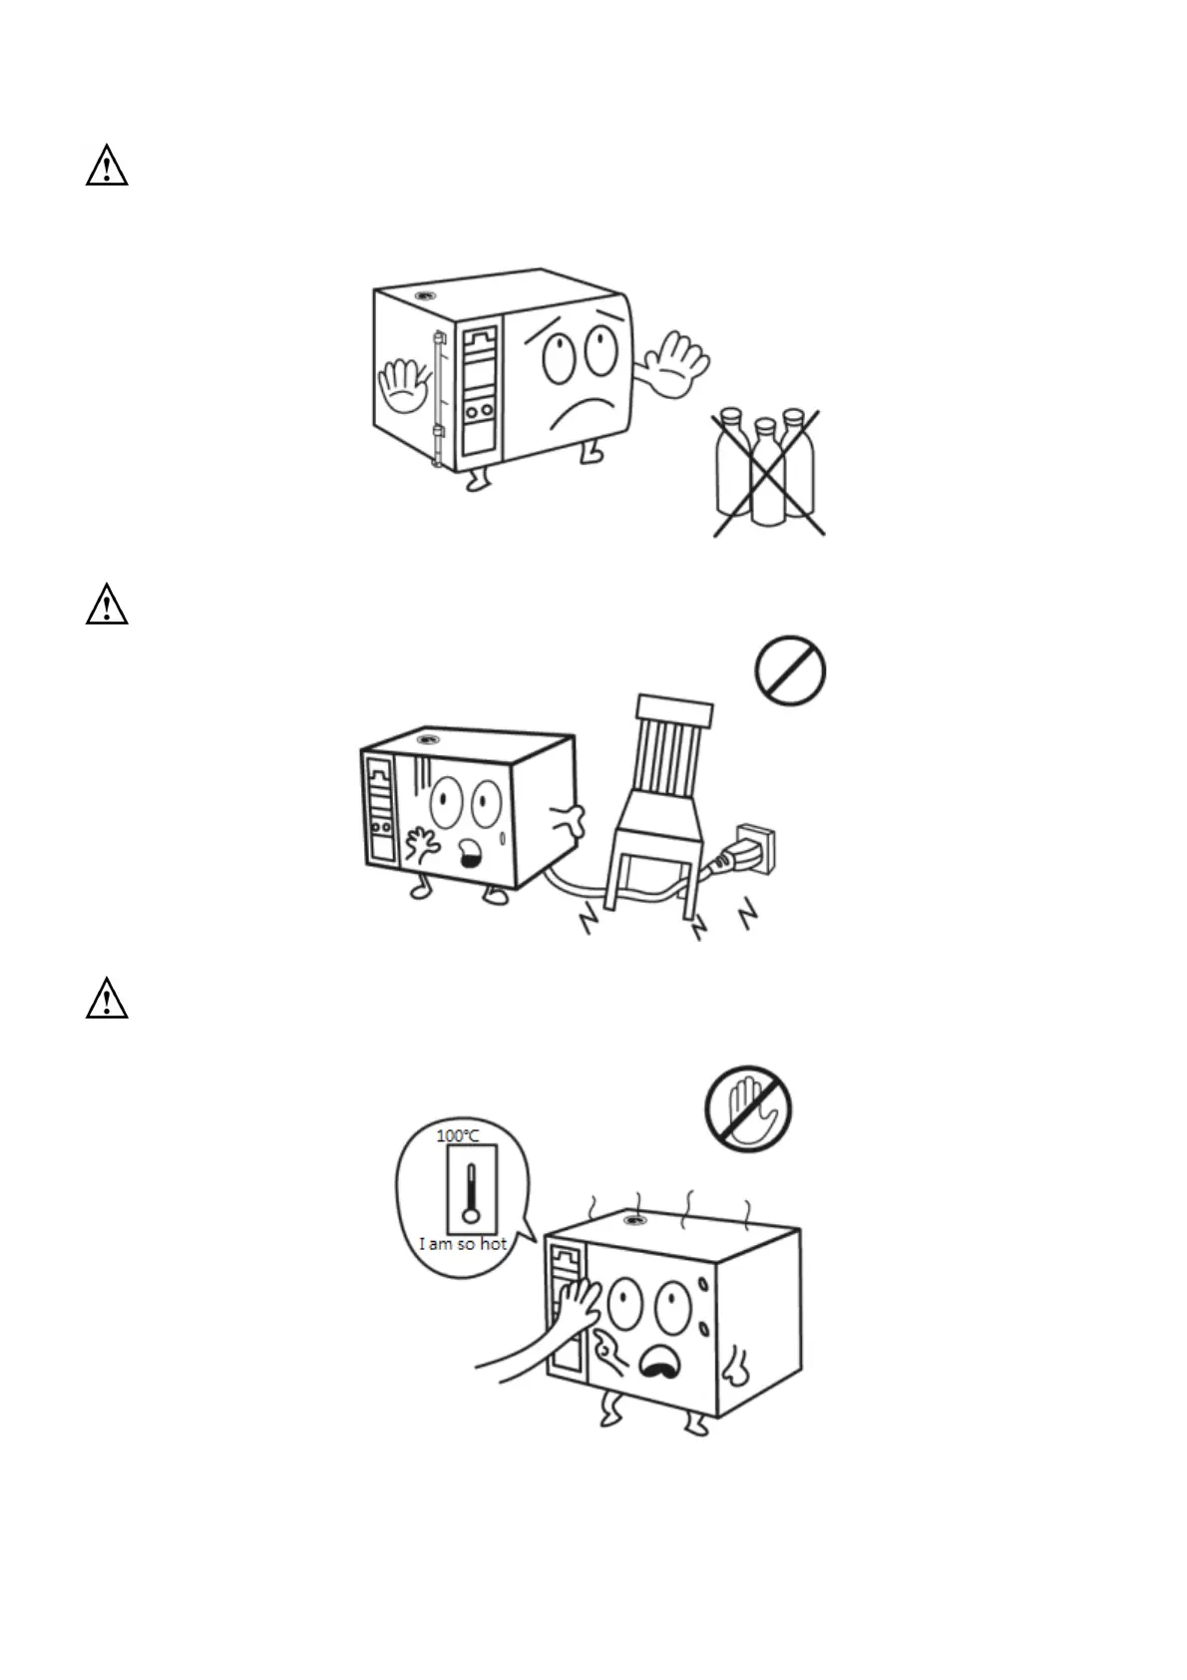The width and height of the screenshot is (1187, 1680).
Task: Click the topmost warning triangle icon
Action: point(107,166)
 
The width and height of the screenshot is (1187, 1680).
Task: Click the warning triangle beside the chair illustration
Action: point(107,606)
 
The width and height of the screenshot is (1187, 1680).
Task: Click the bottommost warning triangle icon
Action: point(107,999)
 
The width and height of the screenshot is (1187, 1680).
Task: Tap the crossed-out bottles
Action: point(766,469)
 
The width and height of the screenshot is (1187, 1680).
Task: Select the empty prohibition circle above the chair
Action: point(790,672)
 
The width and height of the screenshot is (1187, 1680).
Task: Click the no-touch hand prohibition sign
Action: point(748,1108)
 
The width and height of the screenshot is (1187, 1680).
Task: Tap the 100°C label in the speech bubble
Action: point(458,1135)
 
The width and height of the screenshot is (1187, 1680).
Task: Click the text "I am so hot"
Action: point(462,1244)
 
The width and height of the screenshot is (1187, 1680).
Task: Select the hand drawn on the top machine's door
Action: point(402,384)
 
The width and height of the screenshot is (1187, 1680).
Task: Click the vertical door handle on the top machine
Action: point(437,399)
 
